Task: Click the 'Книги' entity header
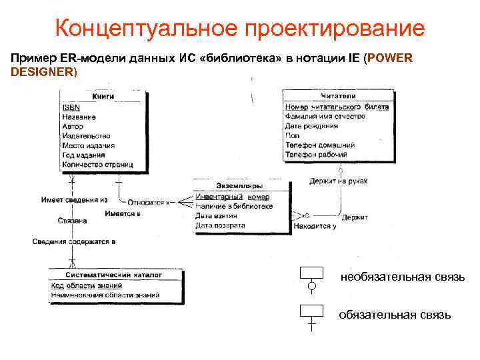(x=102, y=96)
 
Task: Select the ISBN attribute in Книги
(x=71, y=107)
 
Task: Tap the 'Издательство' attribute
(x=86, y=135)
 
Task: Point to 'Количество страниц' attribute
(x=97, y=164)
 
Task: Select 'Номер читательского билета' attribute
(x=337, y=107)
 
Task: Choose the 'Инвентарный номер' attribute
(x=233, y=197)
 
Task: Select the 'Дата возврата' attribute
(x=220, y=225)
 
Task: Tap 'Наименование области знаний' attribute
(x=105, y=294)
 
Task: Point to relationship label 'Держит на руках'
(x=338, y=181)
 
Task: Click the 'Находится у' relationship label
(x=315, y=227)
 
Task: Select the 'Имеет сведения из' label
(x=74, y=199)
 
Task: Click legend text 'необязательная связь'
(x=402, y=277)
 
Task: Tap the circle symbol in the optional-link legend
(x=311, y=287)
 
